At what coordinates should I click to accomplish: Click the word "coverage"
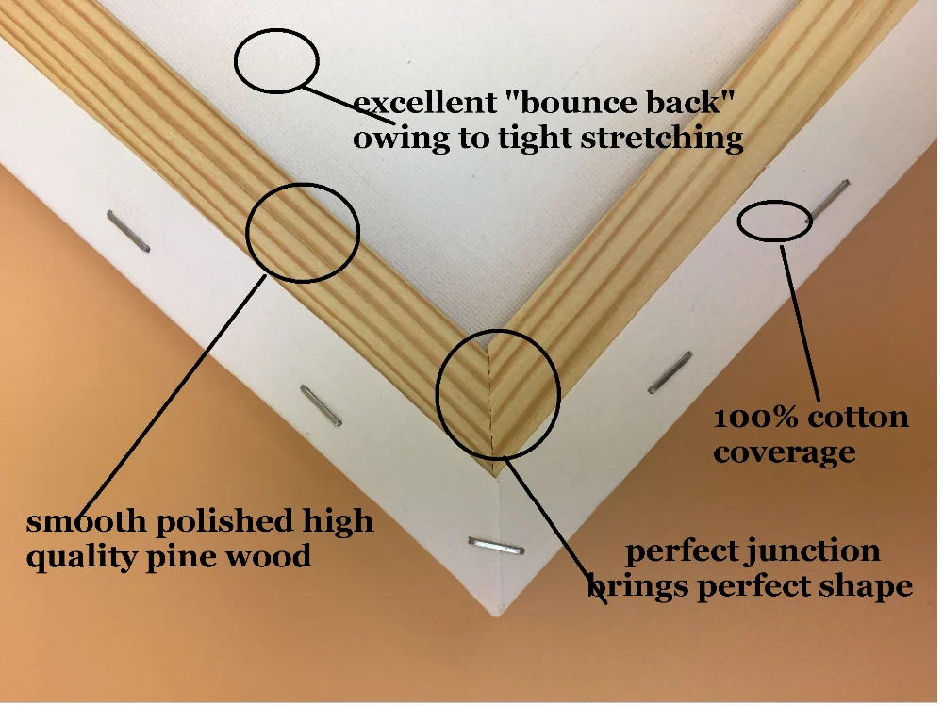(x=784, y=452)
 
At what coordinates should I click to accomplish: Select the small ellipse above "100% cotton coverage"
(x=774, y=222)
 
